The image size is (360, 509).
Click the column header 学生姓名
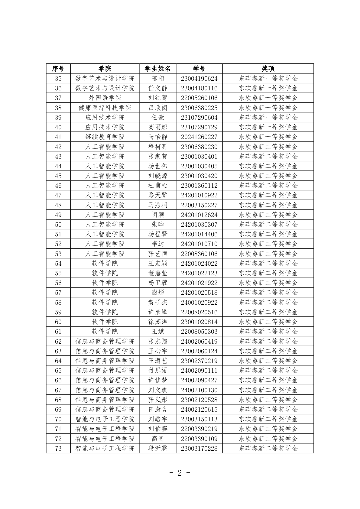[157, 69]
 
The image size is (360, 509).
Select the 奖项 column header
[268, 69]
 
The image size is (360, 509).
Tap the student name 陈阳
[157, 79]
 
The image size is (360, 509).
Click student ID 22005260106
[199, 98]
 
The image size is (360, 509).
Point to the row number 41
[58, 137]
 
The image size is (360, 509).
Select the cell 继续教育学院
[105, 137]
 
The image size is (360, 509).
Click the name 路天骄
[157, 195]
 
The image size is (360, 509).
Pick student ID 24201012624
[199, 215]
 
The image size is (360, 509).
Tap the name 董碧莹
[157, 273]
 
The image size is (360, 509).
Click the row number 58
[58, 303]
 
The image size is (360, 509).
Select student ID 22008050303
[199, 332]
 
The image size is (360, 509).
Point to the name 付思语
[157, 371]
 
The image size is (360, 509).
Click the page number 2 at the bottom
[180, 473]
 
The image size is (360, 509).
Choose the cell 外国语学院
[105, 98]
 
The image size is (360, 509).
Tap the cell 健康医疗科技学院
[105, 108]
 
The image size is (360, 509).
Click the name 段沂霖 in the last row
[157, 449]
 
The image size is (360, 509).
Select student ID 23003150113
[199, 419]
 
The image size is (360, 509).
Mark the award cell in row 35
[268, 79]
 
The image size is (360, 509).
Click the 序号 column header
[58, 69]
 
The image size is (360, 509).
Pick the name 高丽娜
[157, 127]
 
